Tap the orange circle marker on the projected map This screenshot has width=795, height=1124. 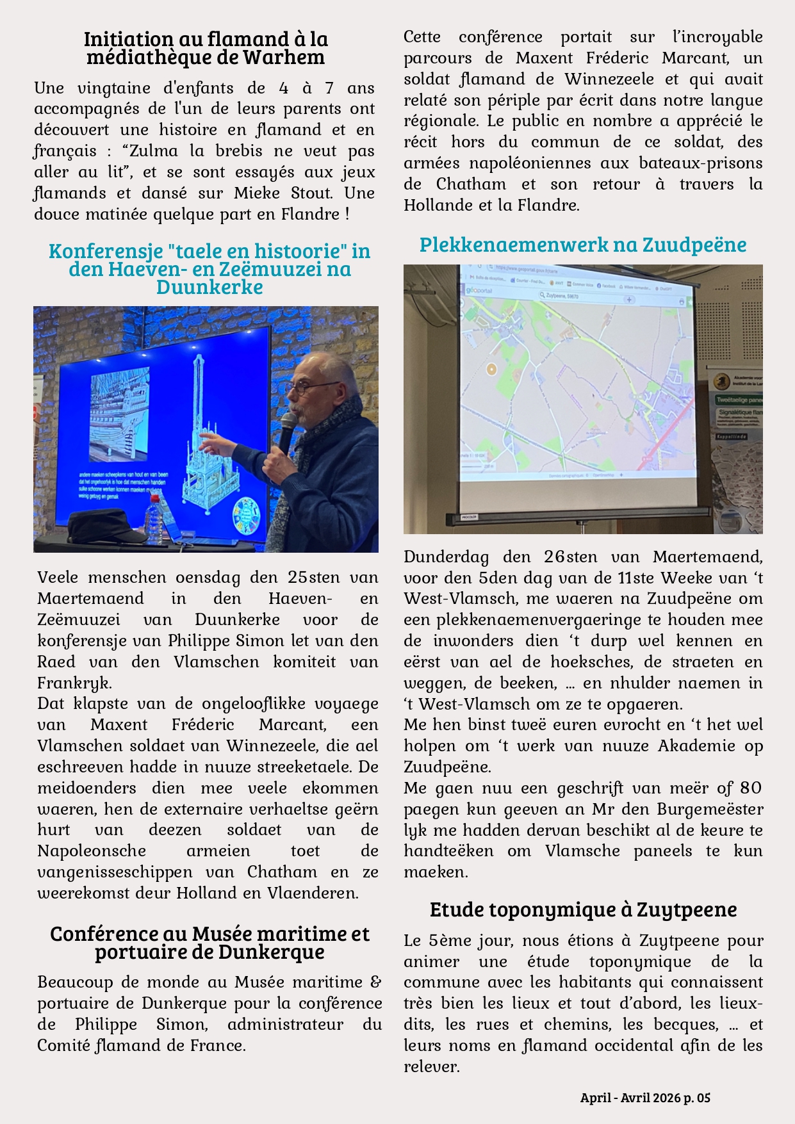(x=491, y=369)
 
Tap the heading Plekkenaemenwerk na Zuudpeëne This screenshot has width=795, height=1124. (x=582, y=244)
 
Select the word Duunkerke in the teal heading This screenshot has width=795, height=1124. (x=209, y=286)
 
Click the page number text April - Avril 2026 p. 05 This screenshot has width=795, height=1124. (x=645, y=1097)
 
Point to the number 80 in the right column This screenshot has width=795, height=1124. (x=750, y=788)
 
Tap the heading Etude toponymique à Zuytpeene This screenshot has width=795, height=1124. (x=583, y=909)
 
